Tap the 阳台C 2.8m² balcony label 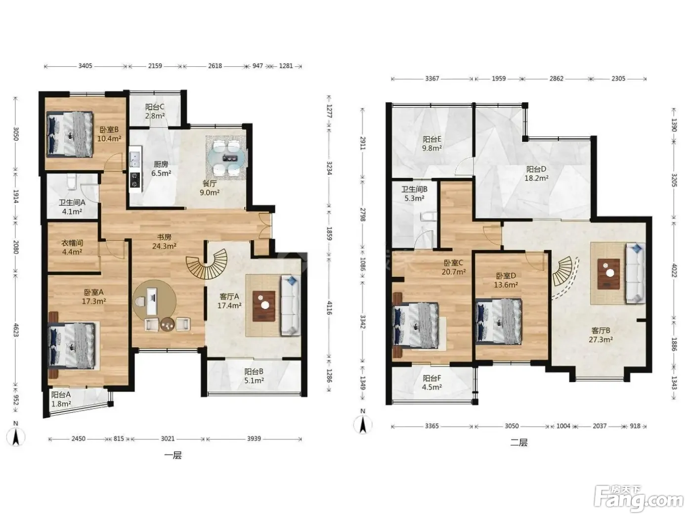coord(155,111)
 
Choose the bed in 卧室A coord(73,345)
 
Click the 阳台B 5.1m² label coord(254,376)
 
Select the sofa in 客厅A coord(290,305)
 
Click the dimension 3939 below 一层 coord(254,438)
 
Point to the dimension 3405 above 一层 coord(85,66)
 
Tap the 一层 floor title coord(173,455)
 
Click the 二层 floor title coord(519,442)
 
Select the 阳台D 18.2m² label coord(536,173)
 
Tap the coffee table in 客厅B coord(609,274)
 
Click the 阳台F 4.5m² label coord(432,382)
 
